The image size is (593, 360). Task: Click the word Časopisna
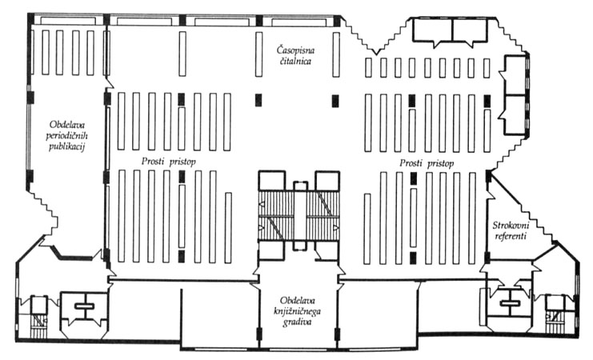coord(296,50)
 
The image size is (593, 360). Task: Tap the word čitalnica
coord(296,62)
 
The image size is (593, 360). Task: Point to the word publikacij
coord(66,146)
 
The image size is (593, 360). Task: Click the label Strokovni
coord(511,226)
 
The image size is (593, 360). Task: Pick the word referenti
coord(511,237)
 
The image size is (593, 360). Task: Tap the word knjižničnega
coord(297,311)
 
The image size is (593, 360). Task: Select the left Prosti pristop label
coord(169,162)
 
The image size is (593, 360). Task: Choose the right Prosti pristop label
coord(427,164)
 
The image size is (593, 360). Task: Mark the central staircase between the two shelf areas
coord(299,215)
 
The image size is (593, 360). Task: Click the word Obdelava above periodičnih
coord(66,125)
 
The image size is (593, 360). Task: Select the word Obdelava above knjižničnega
coord(297,301)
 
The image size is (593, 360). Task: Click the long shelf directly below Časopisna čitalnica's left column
coord(258,54)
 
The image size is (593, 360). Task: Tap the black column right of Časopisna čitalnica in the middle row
coord(335,101)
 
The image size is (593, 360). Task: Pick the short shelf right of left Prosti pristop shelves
coord(228,228)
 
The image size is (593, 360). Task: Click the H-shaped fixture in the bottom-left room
coord(84,306)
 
